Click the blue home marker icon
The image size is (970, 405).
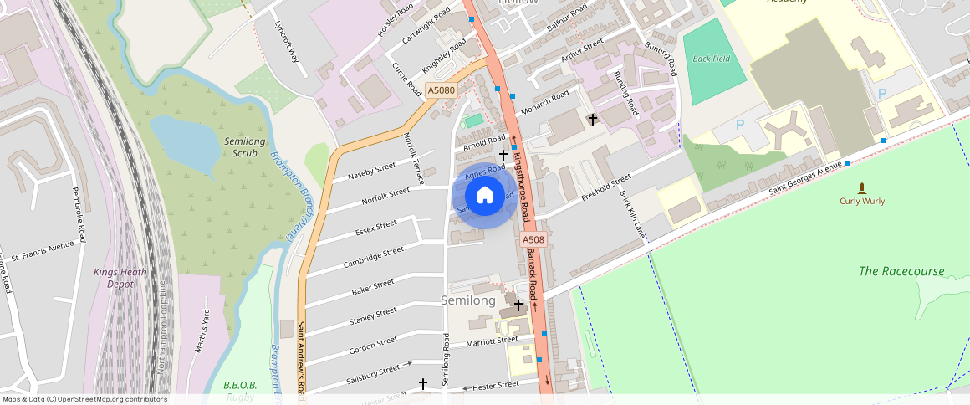(x=484, y=197)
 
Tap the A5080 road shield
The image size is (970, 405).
(x=441, y=90)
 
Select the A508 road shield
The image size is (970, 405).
(x=533, y=240)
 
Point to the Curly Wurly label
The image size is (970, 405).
(x=862, y=201)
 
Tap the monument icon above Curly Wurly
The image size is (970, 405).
(x=862, y=187)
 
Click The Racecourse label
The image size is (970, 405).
(x=901, y=271)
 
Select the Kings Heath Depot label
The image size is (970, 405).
(x=120, y=278)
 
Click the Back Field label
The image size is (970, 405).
(x=712, y=59)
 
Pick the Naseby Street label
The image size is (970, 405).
(x=372, y=172)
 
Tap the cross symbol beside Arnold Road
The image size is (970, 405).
(x=503, y=155)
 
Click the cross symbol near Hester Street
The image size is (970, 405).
(x=423, y=384)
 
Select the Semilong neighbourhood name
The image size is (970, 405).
(x=468, y=300)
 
